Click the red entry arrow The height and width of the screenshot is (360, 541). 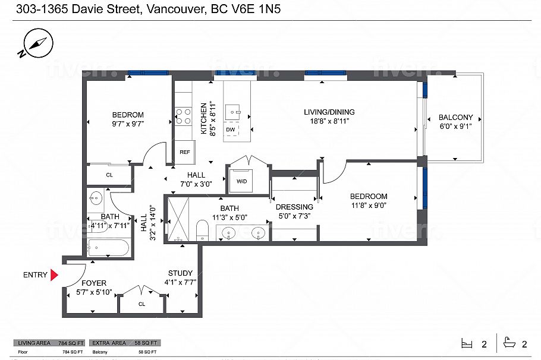pyautogui.click(x=54, y=275)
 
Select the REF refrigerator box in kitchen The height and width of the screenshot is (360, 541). pyautogui.click(x=185, y=152)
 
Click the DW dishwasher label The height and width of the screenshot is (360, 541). pyautogui.click(x=229, y=130)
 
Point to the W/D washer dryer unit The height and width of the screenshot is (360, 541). pyautogui.click(x=242, y=181)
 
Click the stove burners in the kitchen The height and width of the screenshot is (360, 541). pyautogui.click(x=183, y=116)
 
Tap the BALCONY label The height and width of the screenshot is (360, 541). pyautogui.click(x=455, y=117)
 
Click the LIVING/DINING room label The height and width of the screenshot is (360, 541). pyautogui.click(x=329, y=112)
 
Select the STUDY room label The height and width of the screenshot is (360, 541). pyautogui.click(x=180, y=273)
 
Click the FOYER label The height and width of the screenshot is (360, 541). pyautogui.click(x=94, y=283)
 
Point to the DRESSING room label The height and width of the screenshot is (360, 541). pyautogui.click(x=294, y=207)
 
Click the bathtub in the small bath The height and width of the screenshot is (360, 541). pyautogui.click(x=108, y=247)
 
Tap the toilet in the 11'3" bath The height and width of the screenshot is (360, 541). pyautogui.click(x=202, y=231)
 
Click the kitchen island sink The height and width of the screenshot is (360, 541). pyautogui.click(x=236, y=110)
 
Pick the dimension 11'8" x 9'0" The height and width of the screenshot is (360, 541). pyautogui.click(x=368, y=206)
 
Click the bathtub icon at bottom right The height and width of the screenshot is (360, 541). pyautogui.click(x=509, y=343)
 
